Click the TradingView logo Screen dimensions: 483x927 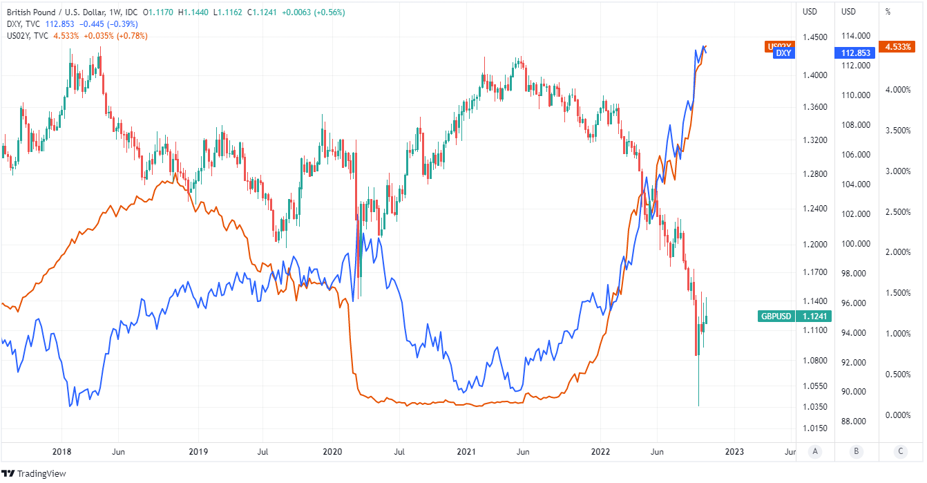[x=34, y=473]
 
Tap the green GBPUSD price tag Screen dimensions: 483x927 [x=795, y=316]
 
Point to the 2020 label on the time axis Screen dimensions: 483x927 [x=332, y=452]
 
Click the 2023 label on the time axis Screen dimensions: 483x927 [x=734, y=452]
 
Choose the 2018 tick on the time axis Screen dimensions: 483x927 [x=62, y=452]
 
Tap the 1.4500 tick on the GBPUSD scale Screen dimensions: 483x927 [x=815, y=37]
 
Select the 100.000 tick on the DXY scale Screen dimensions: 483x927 [x=855, y=244]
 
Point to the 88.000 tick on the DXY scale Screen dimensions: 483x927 [x=855, y=422]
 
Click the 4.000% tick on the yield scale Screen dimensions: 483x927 [x=899, y=90]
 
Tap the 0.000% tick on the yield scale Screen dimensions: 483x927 [x=899, y=415]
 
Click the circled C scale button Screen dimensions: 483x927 [x=900, y=452]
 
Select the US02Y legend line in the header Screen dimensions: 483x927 [x=76, y=36]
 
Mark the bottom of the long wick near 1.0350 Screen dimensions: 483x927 [x=698, y=406]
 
